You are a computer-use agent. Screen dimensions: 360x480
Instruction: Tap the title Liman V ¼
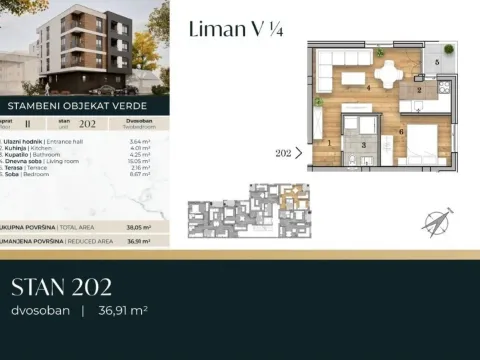(x=235, y=31)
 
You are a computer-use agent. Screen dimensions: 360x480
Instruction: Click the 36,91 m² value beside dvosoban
(x=122, y=311)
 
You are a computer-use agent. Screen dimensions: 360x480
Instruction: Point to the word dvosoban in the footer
(x=41, y=311)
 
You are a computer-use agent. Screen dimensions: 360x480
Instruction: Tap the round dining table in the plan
(x=386, y=70)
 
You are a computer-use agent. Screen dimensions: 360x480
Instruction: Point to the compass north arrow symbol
(x=436, y=222)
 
